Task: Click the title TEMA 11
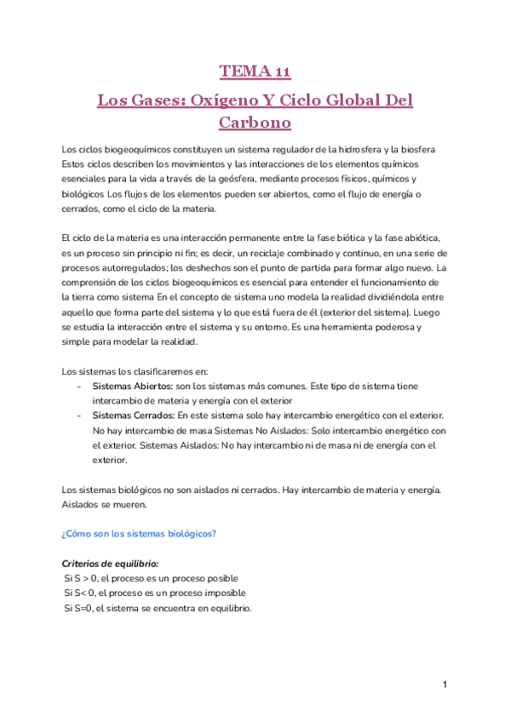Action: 255,71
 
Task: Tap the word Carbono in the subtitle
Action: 255,123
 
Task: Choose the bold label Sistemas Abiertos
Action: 132,387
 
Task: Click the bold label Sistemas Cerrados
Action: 133,415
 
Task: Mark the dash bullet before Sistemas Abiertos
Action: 79,387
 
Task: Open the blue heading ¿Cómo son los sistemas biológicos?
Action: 140,534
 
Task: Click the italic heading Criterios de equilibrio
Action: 110,564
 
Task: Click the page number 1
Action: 445,685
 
